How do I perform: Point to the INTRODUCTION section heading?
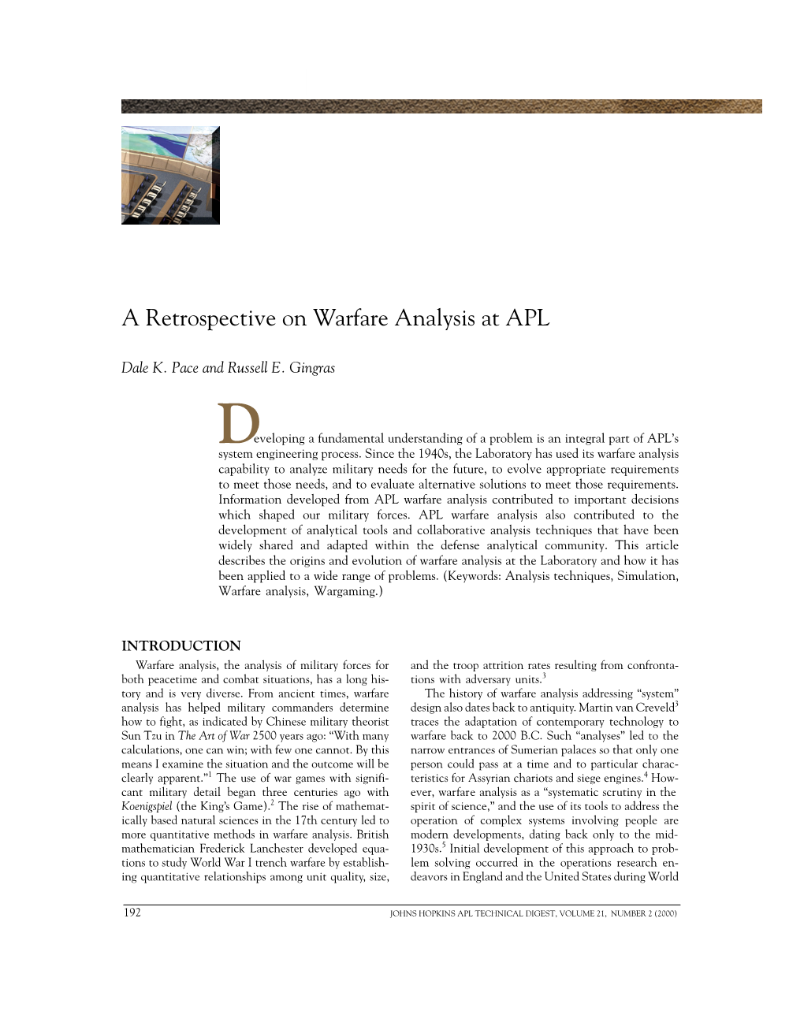pyautogui.click(x=181, y=646)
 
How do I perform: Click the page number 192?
pyautogui.click(x=132, y=913)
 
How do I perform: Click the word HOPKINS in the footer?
pyautogui.click(x=442, y=914)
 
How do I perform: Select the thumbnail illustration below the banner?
pyautogui.click(x=170, y=175)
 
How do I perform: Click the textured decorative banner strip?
pyautogui.click(x=441, y=106)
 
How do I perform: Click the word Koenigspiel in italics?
pyautogui.click(x=147, y=807)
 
